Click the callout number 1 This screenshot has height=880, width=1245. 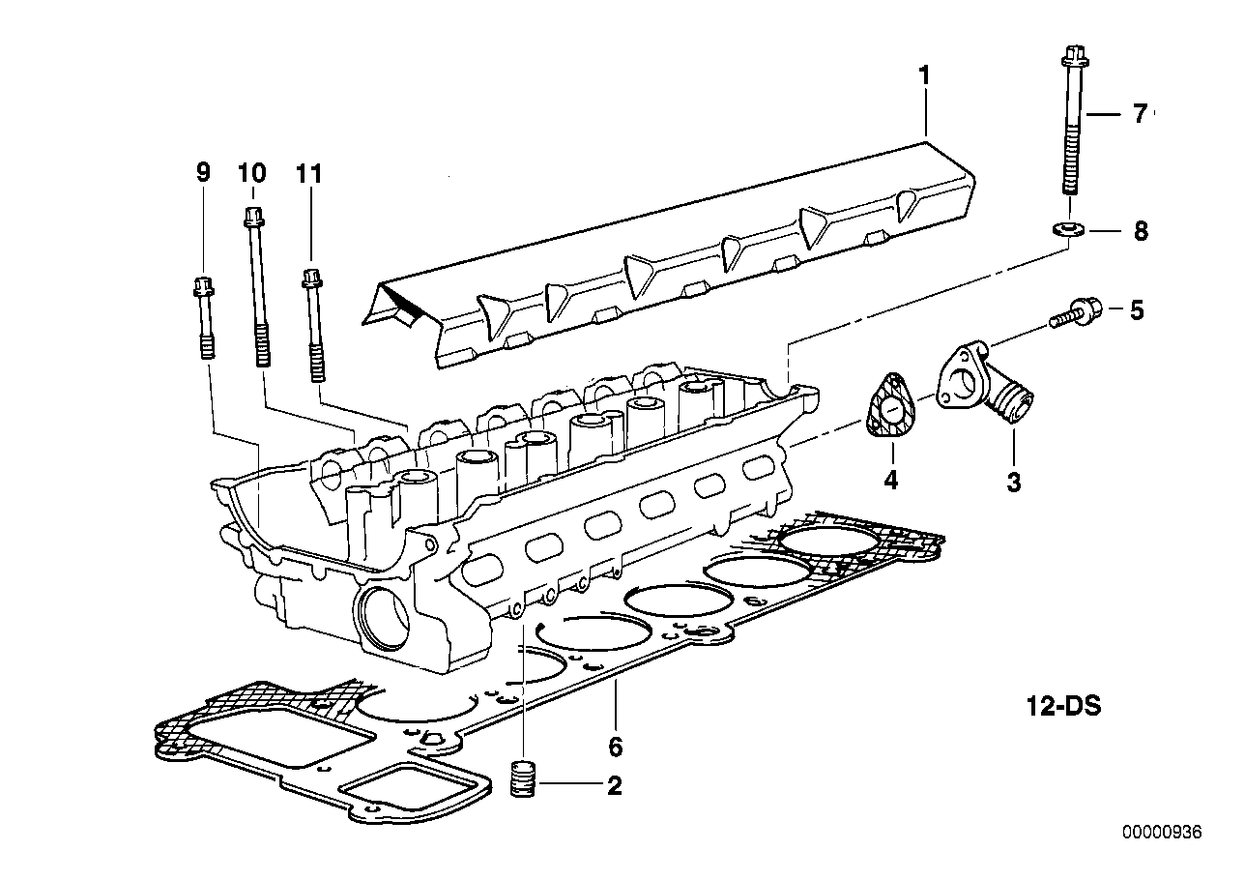[924, 76]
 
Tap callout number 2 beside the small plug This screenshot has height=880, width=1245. [614, 785]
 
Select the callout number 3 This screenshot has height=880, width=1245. [1014, 482]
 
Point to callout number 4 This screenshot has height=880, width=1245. [891, 480]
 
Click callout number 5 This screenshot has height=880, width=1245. [1137, 310]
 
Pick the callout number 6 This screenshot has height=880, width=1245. [616, 747]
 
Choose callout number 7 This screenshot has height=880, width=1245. [1140, 114]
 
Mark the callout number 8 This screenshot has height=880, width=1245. [1141, 231]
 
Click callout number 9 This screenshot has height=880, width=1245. [203, 172]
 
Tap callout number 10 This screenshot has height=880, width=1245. [252, 172]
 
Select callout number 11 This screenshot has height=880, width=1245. [308, 173]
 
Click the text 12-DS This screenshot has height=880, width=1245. [1063, 707]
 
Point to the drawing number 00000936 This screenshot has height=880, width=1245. [1162, 848]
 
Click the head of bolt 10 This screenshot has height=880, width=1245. [253, 217]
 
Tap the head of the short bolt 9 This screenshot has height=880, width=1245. [203, 286]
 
